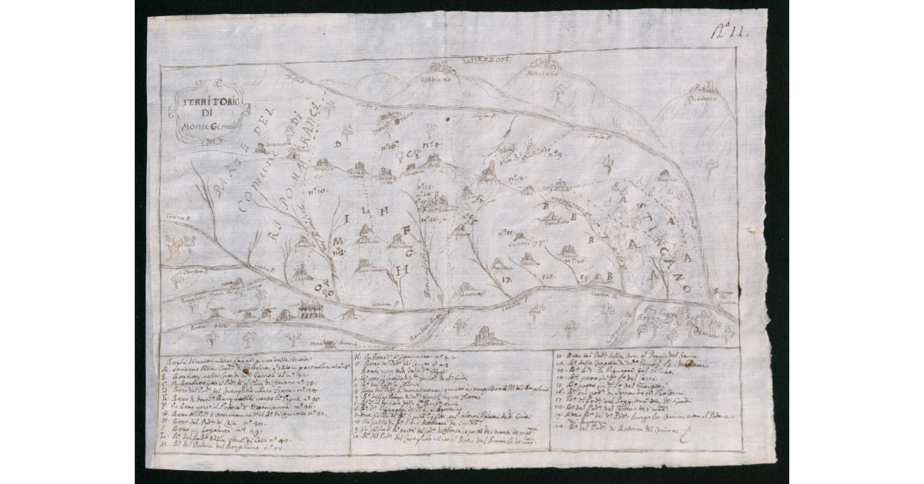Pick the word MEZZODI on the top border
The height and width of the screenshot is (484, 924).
[487, 59]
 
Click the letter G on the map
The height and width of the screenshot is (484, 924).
[410, 251]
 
